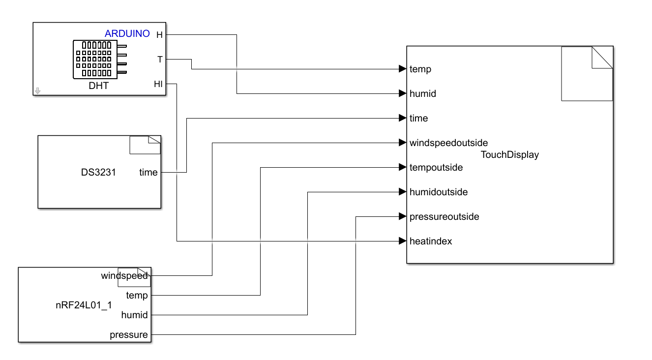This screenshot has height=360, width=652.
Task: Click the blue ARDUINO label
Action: [127, 34]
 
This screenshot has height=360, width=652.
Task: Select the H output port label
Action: [159, 34]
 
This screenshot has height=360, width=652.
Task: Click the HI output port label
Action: [158, 84]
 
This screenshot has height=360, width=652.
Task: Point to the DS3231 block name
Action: [98, 172]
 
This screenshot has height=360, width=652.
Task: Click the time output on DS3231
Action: [148, 172]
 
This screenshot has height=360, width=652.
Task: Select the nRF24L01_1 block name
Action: [84, 305]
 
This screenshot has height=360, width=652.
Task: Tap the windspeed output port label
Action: [124, 275]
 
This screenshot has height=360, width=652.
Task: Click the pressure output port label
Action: [128, 334]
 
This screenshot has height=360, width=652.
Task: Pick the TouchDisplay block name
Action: [510, 155]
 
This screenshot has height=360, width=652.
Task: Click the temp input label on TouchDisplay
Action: [420, 69]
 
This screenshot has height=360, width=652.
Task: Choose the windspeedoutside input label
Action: [448, 143]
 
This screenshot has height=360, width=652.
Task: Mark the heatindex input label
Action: [431, 241]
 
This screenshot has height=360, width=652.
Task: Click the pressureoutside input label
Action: [444, 216]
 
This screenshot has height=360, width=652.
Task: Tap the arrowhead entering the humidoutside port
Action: [402, 192]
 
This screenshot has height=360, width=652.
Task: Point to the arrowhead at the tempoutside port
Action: [402, 167]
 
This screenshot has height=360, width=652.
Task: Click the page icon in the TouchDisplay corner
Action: [587, 74]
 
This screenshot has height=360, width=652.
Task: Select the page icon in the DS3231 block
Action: [145, 145]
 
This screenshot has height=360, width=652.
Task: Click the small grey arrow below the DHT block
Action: [38, 90]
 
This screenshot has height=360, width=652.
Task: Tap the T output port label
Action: [160, 59]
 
